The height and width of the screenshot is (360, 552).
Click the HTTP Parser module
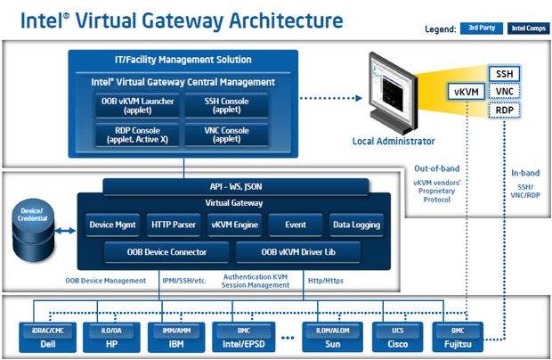pos(173,225)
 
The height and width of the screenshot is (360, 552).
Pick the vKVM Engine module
pos(233,225)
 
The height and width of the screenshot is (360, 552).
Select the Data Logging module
pos(356,225)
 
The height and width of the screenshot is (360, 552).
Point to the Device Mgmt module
pos(112,225)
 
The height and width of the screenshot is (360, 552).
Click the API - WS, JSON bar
pos(235,186)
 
